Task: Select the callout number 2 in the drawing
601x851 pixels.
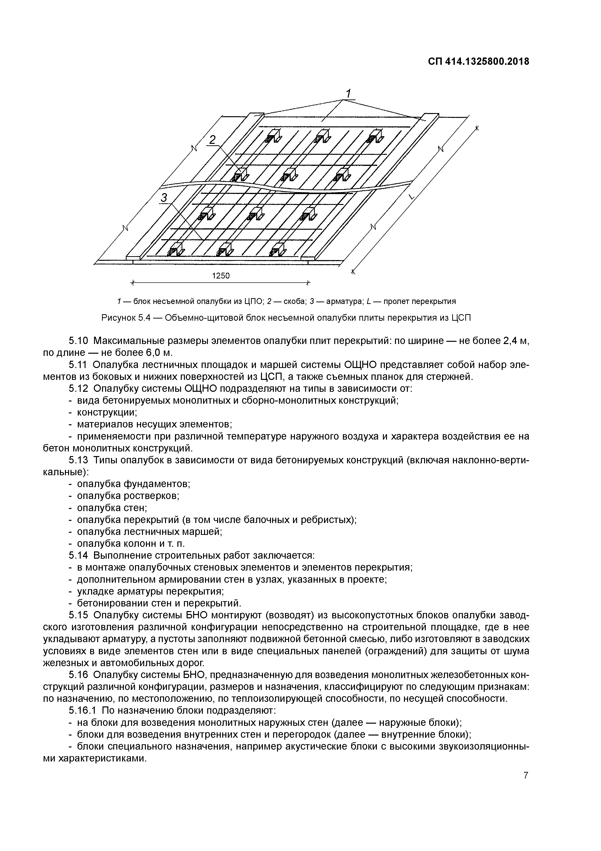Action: tap(212, 140)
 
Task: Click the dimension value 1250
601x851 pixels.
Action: tap(221, 276)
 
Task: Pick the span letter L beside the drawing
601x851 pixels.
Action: tap(413, 196)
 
